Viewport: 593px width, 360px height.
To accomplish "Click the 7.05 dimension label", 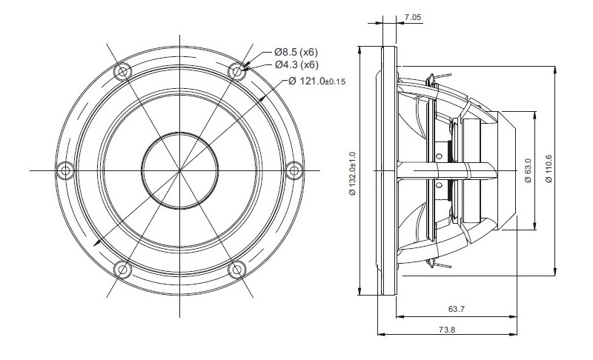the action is point(413,17).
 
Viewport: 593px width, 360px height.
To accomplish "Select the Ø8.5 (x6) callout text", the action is point(296,52).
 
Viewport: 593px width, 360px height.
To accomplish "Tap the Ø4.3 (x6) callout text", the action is point(296,64).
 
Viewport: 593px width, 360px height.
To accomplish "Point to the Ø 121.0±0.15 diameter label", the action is point(317,81).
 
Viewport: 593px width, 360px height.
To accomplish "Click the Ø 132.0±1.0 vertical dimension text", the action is point(353,173).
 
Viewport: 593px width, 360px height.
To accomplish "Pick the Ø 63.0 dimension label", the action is point(528,170).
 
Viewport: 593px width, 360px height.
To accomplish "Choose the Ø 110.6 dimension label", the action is point(549,169).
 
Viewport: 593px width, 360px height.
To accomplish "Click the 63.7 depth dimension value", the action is point(457,309).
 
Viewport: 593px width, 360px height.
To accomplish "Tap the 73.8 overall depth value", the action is point(447,330).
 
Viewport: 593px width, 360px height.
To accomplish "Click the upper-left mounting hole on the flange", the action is point(122,72).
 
